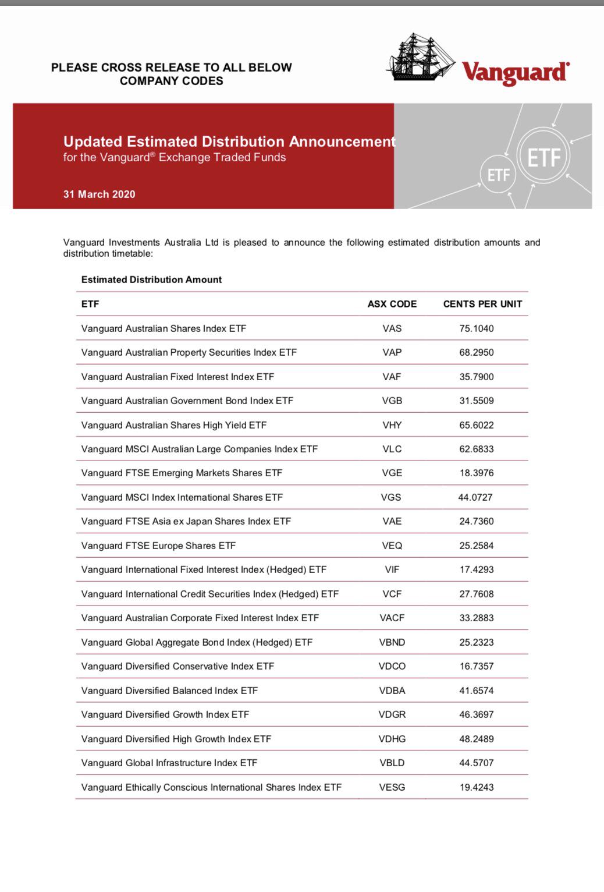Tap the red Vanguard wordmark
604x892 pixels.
(x=516, y=72)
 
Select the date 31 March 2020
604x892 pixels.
(x=99, y=194)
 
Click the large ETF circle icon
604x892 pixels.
(x=544, y=157)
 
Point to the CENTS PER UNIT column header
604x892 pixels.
(x=482, y=304)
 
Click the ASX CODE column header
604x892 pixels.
(x=392, y=304)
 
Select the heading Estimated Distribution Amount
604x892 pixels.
(x=151, y=279)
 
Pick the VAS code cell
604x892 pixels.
(x=392, y=328)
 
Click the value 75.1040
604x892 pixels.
(x=476, y=328)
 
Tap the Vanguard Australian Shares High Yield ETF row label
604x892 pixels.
(x=173, y=425)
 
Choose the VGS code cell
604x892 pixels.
(x=391, y=497)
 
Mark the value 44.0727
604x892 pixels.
(x=475, y=497)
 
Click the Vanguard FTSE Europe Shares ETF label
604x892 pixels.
(x=158, y=546)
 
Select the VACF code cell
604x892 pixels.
(x=392, y=618)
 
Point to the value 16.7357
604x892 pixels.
(x=476, y=666)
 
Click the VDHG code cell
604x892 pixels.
(x=392, y=739)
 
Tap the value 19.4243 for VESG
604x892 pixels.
(x=476, y=787)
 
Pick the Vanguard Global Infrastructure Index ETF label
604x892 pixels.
(x=169, y=763)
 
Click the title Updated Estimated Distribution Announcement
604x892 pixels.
(x=229, y=141)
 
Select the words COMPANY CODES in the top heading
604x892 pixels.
(x=171, y=81)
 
